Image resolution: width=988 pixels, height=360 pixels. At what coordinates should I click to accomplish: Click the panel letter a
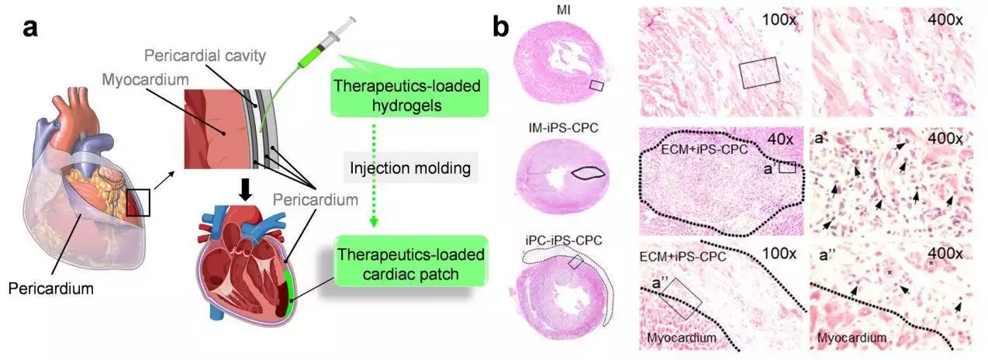30,29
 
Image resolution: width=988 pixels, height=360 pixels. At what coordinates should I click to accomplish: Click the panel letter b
502,29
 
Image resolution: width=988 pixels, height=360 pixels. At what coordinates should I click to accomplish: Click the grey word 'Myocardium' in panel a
146,79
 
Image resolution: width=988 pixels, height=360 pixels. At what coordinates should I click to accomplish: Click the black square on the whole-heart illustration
138,202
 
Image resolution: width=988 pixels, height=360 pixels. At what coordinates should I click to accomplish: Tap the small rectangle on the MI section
596,85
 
